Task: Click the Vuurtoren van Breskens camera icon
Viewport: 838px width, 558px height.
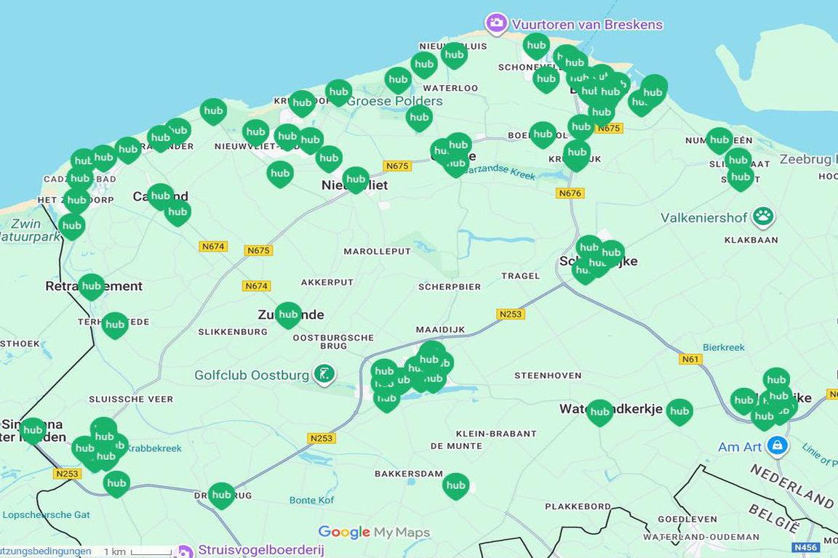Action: click(x=496, y=24)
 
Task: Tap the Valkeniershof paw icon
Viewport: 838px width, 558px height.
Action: click(x=763, y=216)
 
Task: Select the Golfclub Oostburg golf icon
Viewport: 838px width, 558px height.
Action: click(x=324, y=375)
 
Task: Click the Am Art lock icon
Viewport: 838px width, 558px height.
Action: click(x=778, y=445)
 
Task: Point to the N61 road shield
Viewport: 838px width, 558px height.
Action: click(x=690, y=359)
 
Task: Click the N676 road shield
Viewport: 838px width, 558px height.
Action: click(x=570, y=193)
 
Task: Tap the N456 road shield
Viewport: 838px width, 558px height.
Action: click(x=805, y=547)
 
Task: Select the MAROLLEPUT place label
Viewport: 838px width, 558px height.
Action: click(x=377, y=251)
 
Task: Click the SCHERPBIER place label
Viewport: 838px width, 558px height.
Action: click(x=450, y=287)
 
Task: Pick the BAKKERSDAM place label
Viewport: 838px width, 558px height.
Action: click(x=408, y=474)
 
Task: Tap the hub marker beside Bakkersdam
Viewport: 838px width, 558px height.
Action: click(x=455, y=485)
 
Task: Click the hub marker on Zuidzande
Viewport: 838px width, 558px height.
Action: click(x=288, y=315)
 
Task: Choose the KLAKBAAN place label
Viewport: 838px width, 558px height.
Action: click(x=751, y=240)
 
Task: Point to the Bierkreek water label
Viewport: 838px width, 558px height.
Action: click(x=724, y=347)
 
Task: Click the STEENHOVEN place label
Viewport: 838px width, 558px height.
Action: click(x=548, y=376)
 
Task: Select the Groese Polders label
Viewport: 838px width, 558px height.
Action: click(x=394, y=101)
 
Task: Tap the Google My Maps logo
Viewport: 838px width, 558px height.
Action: click(x=374, y=533)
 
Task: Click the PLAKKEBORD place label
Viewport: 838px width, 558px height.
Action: click(x=578, y=506)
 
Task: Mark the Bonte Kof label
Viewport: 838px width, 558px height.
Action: click(x=312, y=500)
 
